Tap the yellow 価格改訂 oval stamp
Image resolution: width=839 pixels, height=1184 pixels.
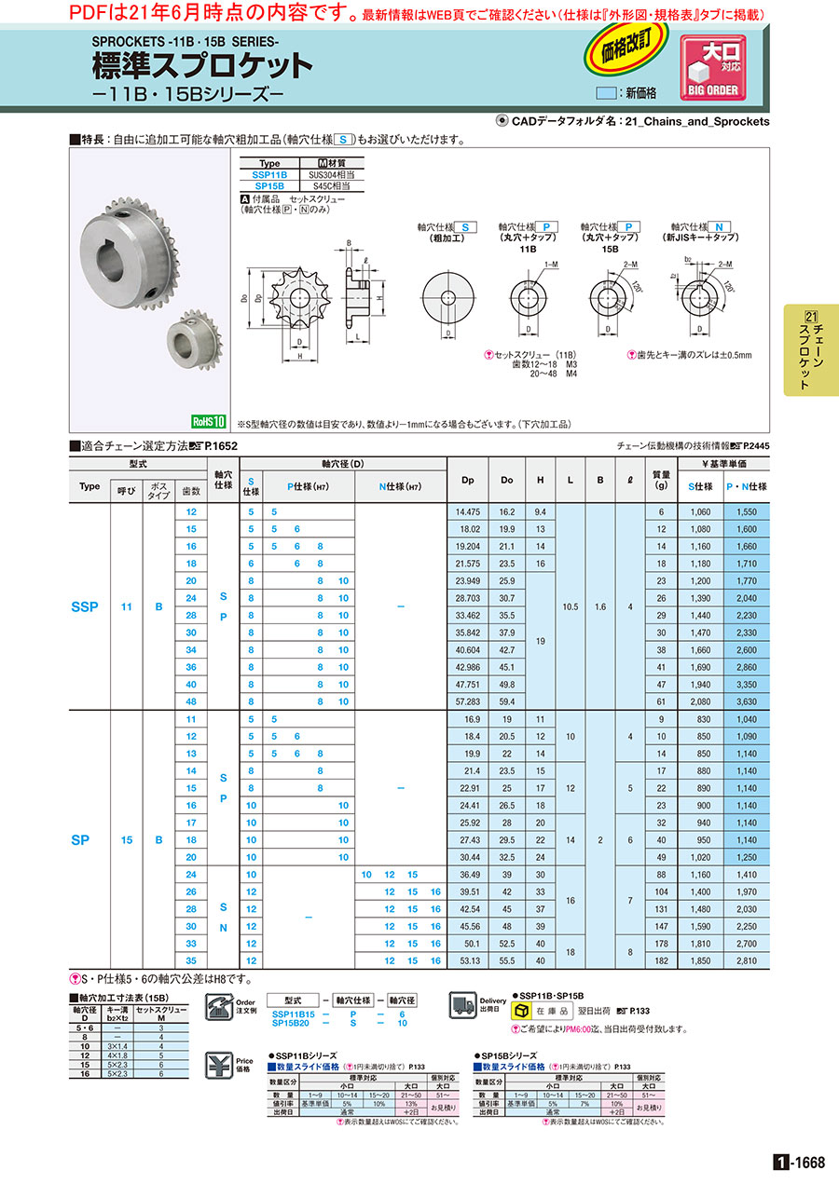point(626,53)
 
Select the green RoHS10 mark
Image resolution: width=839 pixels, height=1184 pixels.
point(210,421)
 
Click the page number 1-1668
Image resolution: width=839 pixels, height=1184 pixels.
point(799,1162)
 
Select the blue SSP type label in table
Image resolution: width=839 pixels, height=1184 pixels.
point(86,606)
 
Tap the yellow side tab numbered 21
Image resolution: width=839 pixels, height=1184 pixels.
point(810,349)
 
